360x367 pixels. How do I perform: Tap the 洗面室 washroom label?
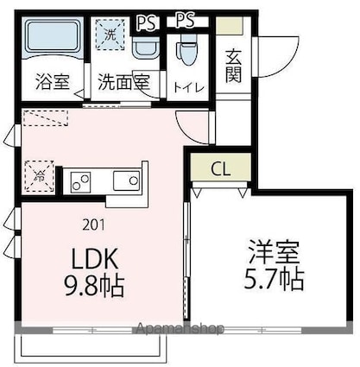tap(123, 84)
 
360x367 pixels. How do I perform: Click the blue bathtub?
tap(51, 39)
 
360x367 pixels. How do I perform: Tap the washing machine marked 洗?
tap(111, 37)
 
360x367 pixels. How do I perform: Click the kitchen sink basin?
tap(127, 180)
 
